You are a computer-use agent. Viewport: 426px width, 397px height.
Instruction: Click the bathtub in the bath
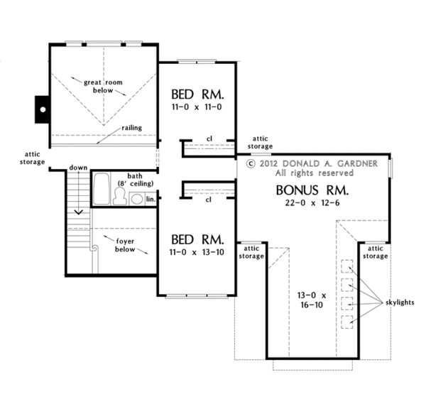pyautogui.click(x=102, y=189)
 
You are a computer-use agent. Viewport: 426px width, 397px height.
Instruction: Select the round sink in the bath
pyautogui.click(x=136, y=199)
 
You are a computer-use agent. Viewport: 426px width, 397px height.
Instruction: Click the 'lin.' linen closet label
pyautogui.click(x=151, y=199)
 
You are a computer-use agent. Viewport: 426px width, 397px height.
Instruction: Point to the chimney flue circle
pyautogui.click(x=43, y=109)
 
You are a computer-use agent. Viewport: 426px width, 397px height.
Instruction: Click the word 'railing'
pyautogui.click(x=132, y=128)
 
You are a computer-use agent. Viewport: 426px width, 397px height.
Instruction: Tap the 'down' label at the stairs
pyautogui.click(x=78, y=168)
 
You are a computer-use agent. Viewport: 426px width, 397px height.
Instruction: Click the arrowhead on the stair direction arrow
pyautogui.click(x=79, y=212)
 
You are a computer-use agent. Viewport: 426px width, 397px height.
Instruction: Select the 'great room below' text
pyautogui.click(x=103, y=86)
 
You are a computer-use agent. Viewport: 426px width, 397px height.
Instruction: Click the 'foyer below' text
pyautogui.click(x=125, y=246)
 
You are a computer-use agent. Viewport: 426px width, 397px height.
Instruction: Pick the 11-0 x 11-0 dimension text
pyautogui.click(x=197, y=107)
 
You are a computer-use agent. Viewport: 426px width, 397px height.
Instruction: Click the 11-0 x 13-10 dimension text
pyautogui.click(x=197, y=252)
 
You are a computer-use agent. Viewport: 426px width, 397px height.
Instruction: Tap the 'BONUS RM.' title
pyautogui.click(x=312, y=190)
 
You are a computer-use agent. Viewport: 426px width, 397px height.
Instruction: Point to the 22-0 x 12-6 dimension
pyautogui.click(x=312, y=202)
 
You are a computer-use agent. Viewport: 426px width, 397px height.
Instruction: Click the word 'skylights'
pyautogui.click(x=400, y=303)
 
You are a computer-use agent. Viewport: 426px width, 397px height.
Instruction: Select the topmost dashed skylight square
pyautogui.click(x=347, y=266)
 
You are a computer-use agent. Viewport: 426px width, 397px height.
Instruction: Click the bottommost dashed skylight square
pyautogui.click(x=347, y=322)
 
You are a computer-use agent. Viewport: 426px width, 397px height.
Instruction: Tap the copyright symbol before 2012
pyautogui.click(x=251, y=163)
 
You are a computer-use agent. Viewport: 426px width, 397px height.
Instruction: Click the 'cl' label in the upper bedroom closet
pyautogui.click(x=209, y=139)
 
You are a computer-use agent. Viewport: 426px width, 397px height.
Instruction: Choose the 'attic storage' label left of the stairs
pyautogui.click(x=33, y=158)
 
